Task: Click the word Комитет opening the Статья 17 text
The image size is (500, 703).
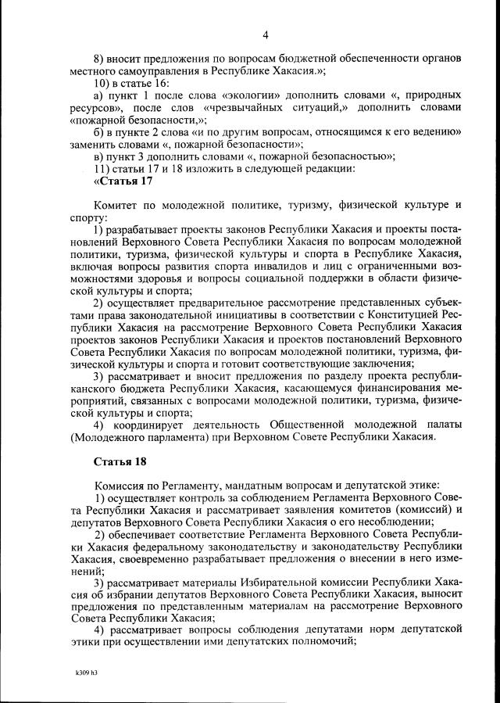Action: (x=118, y=205)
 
